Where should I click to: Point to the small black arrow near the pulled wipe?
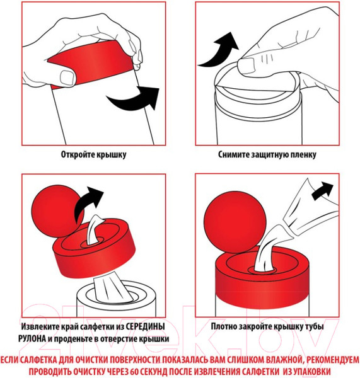click(323, 191)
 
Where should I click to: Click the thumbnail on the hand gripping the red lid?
click(67, 77)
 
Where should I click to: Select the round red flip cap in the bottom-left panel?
click(57, 211)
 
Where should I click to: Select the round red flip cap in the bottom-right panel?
click(235, 222)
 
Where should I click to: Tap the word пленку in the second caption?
click(303, 155)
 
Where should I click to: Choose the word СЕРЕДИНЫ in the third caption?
click(146, 327)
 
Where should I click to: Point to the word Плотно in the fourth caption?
click(223, 326)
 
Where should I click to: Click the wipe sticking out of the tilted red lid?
click(94, 229)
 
